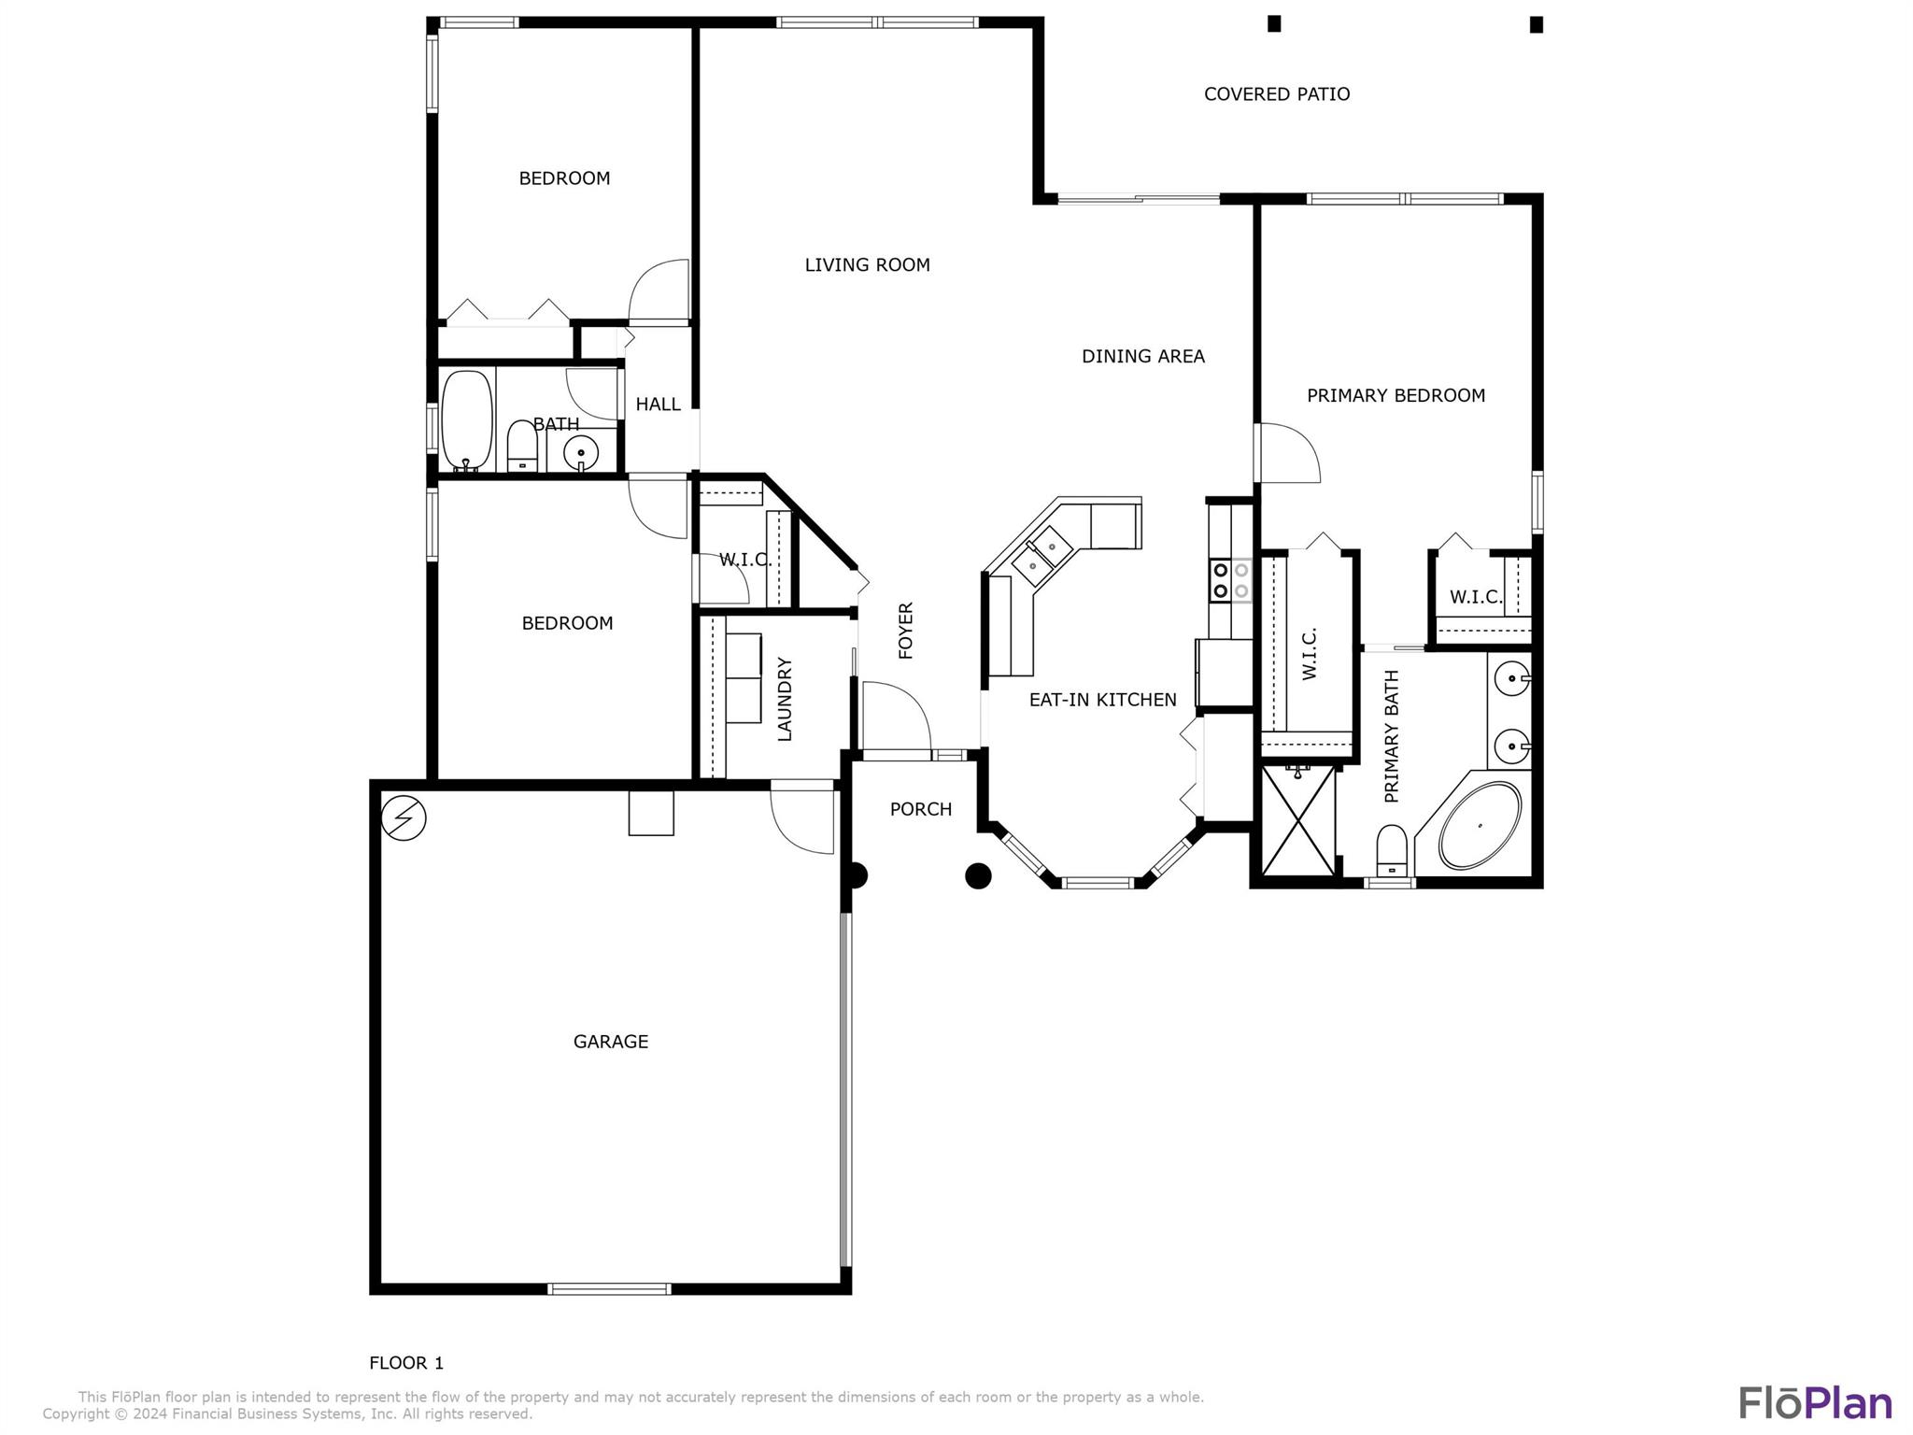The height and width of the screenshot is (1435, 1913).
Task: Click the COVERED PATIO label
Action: [1276, 94]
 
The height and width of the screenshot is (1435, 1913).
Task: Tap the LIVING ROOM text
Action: [867, 265]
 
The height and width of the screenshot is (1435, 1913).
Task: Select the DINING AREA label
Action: [1142, 356]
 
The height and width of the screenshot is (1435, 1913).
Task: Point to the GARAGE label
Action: [610, 1042]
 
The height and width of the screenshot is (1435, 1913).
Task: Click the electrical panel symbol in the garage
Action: [404, 818]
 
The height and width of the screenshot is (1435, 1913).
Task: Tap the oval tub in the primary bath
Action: [1480, 826]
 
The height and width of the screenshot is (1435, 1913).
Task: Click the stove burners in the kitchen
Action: [1230, 580]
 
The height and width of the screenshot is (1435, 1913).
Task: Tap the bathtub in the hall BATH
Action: [466, 419]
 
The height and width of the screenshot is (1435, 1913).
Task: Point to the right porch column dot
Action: [977, 875]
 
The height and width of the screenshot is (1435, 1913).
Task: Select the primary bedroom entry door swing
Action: [1287, 453]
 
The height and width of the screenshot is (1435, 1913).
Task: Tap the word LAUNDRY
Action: [785, 699]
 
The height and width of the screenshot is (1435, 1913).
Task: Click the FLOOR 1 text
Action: [406, 1363]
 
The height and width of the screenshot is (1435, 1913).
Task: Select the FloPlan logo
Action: [1815, 1403]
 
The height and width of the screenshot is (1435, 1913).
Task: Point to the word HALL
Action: [658, 405]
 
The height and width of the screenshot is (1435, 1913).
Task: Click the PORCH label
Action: [920, 810]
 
